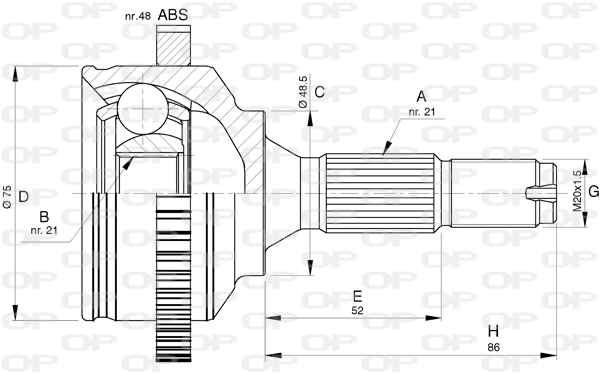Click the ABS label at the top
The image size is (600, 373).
coord(173,15)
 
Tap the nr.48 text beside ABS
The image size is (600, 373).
coord(137,16)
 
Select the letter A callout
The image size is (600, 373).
coord(421,96)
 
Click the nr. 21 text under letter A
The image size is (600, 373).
coord(422,112)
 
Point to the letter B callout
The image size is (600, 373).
coord(44,217)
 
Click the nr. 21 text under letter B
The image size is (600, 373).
coord(44,230)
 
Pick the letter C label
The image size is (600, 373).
coord(320,92)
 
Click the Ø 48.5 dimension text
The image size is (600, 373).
coord(303,91)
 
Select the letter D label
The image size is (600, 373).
coord(24,197)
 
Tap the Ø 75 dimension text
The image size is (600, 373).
coord(7,197)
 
